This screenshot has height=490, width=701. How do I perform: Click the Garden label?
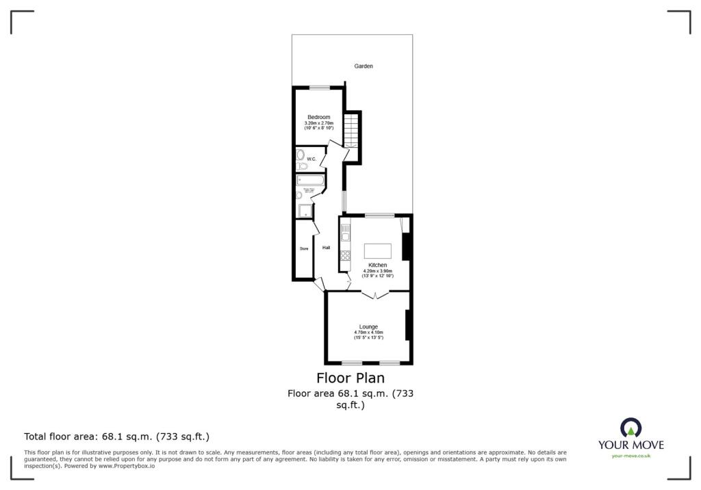tap(364, 66)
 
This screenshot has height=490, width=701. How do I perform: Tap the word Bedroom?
tap(318, 117)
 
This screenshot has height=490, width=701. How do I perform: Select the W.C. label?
tap(311, 159)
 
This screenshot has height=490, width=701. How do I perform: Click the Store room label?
tap(304, 248)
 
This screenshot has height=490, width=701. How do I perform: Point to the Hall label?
tap(327, 248)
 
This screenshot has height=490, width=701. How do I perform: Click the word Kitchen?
tap(377, 265)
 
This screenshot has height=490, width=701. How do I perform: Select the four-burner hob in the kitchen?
tap(346, 257)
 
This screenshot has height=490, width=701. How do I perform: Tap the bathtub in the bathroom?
tap(310, 181)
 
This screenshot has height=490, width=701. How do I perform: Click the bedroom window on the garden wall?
tap(319, 87)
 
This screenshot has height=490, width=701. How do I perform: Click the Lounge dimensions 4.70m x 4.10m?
tap(368, 333)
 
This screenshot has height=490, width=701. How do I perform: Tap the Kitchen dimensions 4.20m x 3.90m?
tap(377, 270)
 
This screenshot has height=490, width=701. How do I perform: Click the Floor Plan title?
tap(350, 378)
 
